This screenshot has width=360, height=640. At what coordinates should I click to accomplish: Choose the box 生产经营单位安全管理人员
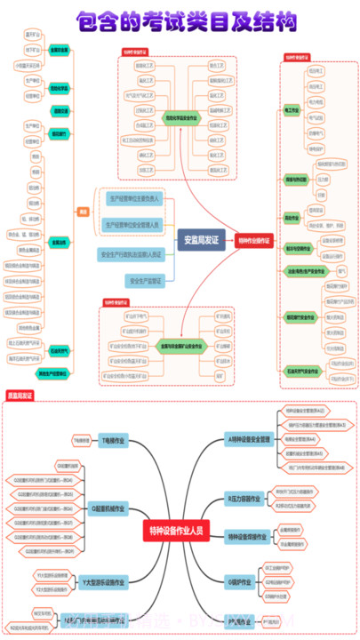click(132, 226)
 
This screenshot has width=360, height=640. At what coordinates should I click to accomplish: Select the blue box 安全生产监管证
click(146, 280)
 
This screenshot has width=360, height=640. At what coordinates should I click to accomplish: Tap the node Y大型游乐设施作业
click(104, 581)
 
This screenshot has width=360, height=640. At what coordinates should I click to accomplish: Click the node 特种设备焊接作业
click(248, 536)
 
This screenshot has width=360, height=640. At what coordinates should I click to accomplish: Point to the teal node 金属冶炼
click(59, 242)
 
